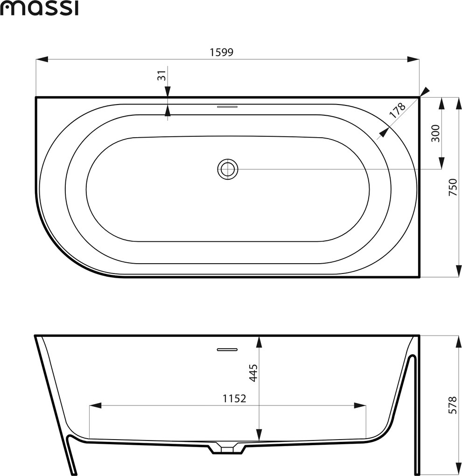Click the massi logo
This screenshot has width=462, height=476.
coord(39,8)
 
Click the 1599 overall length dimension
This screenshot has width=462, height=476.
coord(222,53)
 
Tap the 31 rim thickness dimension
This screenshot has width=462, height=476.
coord(162,75)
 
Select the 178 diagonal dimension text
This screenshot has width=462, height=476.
coord(398,111)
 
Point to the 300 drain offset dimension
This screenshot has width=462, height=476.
coord(435,133)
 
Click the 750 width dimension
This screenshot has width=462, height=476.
coord(453,187)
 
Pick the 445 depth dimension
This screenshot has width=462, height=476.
coord(253,372)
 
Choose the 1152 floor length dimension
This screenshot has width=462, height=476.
coord(234,398)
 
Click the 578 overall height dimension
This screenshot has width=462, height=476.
coord(453,405)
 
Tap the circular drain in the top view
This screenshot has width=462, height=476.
coord(228,169)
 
